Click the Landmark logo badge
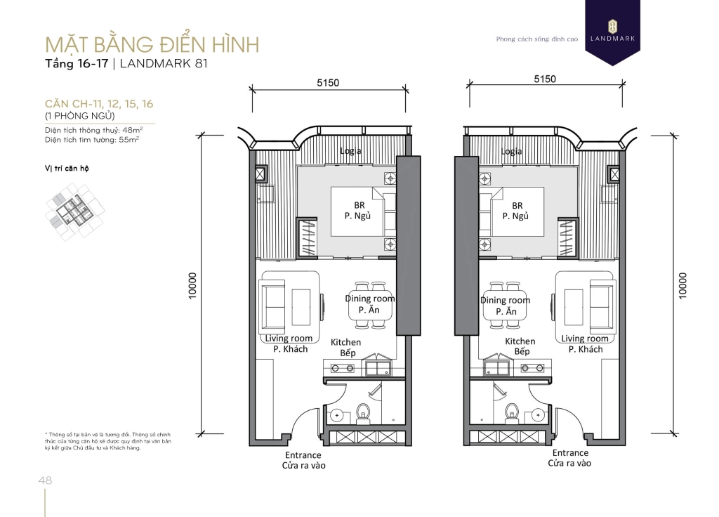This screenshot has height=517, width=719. point(612,31)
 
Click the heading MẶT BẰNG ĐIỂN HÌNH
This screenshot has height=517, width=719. point(152,44)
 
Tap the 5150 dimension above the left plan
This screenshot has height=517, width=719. point(328,83)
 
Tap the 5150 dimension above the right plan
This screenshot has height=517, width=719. point(545,79)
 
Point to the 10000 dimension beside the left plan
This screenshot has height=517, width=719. point(192,285)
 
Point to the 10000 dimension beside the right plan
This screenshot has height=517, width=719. point(682,285)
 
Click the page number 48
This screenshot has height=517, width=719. point(46,480)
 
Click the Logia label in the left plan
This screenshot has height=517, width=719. point(350,151)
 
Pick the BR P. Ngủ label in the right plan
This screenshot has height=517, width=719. point(516,211)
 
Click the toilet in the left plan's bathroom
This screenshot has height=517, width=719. point(363,413)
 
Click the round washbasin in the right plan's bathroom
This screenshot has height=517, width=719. point(537,416)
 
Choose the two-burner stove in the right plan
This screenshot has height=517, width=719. point(534,368)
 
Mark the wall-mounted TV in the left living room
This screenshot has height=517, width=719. point(322,304)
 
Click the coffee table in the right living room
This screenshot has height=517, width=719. point(574,307)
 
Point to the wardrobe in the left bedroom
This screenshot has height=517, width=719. point(308,237)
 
